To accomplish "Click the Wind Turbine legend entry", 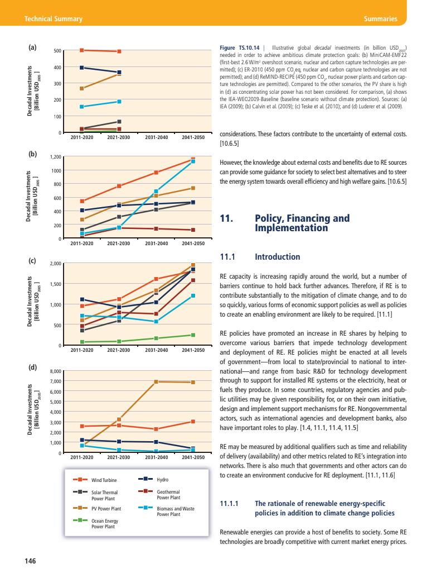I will click(x=103, y=480).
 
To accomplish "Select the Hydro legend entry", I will click(x=163, y=480).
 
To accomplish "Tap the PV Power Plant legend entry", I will click(x=106, y=509).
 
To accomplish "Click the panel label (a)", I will click(x=33, y=47).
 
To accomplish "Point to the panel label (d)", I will click(x=33, y=367).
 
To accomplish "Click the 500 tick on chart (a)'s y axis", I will click(x=57, y=51).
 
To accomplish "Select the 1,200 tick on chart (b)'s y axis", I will click(x=55, y=157).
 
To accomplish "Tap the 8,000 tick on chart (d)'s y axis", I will click(x=55, y=371).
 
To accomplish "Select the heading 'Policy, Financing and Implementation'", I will click(x=302, y=223).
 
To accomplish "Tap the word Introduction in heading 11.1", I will click(x=277, y=257).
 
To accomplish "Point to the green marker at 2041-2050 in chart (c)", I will click(x=193, y=335).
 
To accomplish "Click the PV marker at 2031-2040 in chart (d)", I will click(x=156, y=381).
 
